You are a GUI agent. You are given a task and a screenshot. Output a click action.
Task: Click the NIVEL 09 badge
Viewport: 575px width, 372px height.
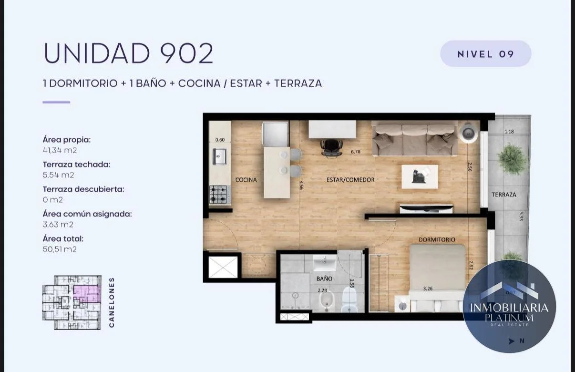click(x=486, y=54)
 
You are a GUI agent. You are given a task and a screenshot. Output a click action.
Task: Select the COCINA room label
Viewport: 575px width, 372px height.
click(x=246, y=180)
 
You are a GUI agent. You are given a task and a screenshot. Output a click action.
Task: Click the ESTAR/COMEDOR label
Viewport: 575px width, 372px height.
click(x=350, y=180)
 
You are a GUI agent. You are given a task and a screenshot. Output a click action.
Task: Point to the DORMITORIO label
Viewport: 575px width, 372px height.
click(x=437, y=240)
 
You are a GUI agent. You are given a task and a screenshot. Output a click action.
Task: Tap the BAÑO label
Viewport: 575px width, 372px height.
click(x=324, y=279)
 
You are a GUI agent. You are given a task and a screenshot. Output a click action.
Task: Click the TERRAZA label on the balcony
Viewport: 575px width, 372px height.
click(x=504, y=195)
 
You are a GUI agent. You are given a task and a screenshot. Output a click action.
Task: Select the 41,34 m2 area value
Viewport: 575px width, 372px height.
click(x=60, y=150)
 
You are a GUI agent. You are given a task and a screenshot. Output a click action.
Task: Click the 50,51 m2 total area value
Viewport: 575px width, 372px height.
click(x=60, y=249)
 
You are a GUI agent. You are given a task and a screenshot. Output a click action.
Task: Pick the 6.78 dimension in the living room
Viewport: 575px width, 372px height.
click(x=356, y=152)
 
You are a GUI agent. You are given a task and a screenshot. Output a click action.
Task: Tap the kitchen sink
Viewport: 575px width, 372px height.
click(x=219, y=156)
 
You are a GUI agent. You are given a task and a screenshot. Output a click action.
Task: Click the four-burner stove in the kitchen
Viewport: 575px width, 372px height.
click(x=219, y=195)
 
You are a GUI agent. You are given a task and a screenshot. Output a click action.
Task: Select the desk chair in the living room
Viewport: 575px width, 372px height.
click(x=332, y=147)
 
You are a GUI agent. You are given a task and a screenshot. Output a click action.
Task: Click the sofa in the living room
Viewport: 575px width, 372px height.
click(x=415, y=138)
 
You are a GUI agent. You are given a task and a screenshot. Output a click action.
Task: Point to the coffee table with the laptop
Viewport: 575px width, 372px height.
click(x=420, y=177)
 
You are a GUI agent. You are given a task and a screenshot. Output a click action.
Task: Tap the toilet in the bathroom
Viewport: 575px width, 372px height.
click(x=349, y=300)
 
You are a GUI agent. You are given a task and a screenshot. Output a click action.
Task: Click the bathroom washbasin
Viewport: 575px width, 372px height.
click(x=325, y=263)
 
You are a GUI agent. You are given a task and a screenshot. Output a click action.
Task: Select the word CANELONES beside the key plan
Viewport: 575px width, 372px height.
click(x=112, y=302)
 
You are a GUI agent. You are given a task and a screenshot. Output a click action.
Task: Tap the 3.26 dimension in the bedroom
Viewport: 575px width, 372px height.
click(x=428, y=289)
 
